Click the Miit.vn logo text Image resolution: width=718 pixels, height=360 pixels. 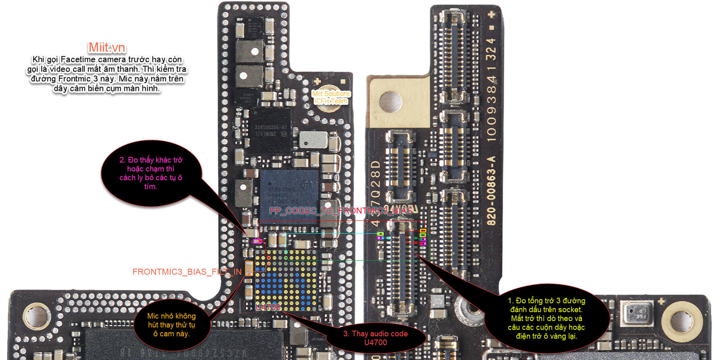[x=107, y=47]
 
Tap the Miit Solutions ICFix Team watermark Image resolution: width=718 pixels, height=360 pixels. [x=331, y=97]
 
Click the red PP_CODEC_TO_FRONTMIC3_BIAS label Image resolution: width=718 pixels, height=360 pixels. [x=340, y=211]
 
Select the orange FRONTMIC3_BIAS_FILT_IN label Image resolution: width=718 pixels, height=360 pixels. [x=187, y=272]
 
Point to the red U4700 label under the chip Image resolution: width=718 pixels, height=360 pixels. [x=268, y=307]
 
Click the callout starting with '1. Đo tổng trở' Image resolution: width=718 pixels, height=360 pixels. [x=546, y=318]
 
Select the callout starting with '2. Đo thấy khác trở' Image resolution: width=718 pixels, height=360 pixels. [x=151, y=173]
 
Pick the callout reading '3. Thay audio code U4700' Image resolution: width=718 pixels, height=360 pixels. [x=376, y=338]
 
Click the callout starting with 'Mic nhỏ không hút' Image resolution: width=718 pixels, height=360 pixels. [x=171, y=325]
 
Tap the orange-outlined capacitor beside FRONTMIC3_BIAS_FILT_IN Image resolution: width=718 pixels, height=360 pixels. [x=249, y=268]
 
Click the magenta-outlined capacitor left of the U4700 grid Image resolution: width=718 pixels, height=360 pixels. [x=257, y=241]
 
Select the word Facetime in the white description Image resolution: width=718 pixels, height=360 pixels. [x=78, y=60]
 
